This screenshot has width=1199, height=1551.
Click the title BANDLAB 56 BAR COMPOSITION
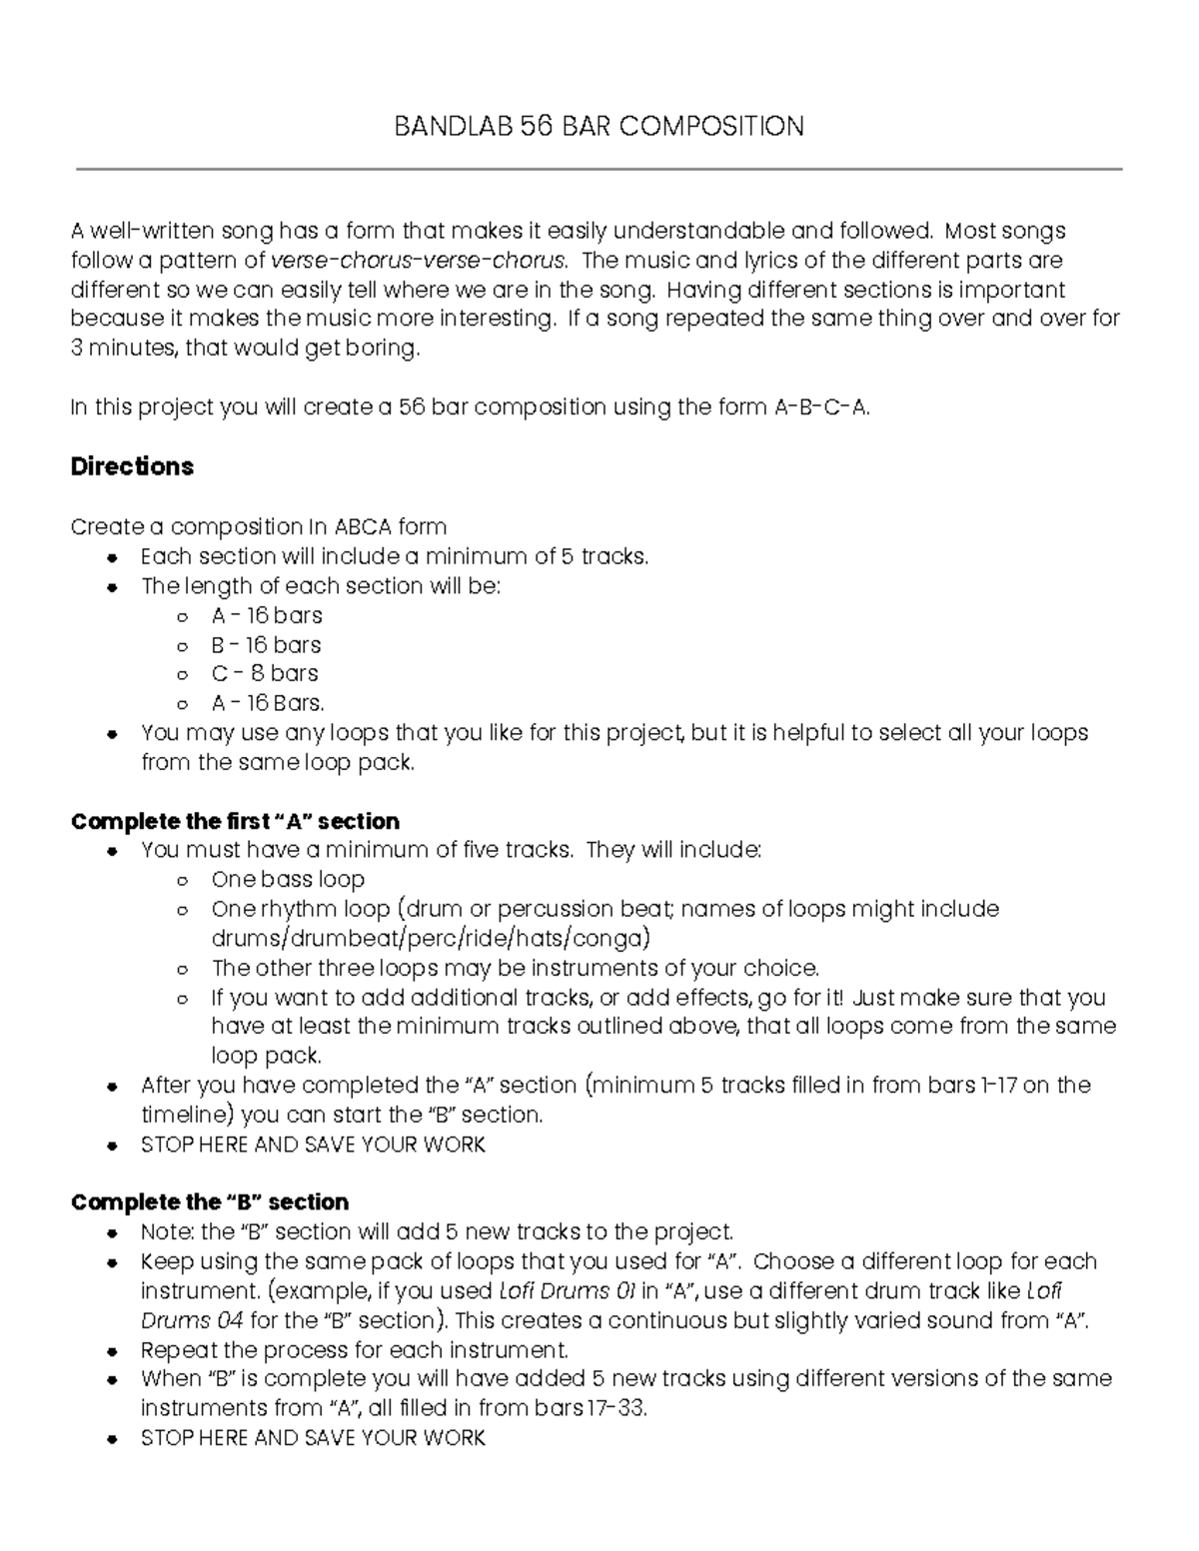click(x=599, y=127)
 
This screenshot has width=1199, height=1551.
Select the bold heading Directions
click(x=132, y=467)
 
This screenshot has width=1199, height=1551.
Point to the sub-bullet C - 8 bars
click(x=265, y=673)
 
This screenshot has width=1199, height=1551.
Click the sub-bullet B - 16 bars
click(x=266, y=644)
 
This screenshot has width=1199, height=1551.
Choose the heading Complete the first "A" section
click(x=235, y=821)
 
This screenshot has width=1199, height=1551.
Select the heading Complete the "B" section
click(x=210, y=1201)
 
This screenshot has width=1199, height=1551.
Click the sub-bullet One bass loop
click(x=288, y=880)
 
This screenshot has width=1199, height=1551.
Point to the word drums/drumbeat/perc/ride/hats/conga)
click(x=430, y=939)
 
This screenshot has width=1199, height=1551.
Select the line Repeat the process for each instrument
click(x=355, y=1350)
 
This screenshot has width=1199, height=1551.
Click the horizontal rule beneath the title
click(x=599, y=170)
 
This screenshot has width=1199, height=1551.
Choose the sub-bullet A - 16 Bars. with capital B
click(x=268, y=703)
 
